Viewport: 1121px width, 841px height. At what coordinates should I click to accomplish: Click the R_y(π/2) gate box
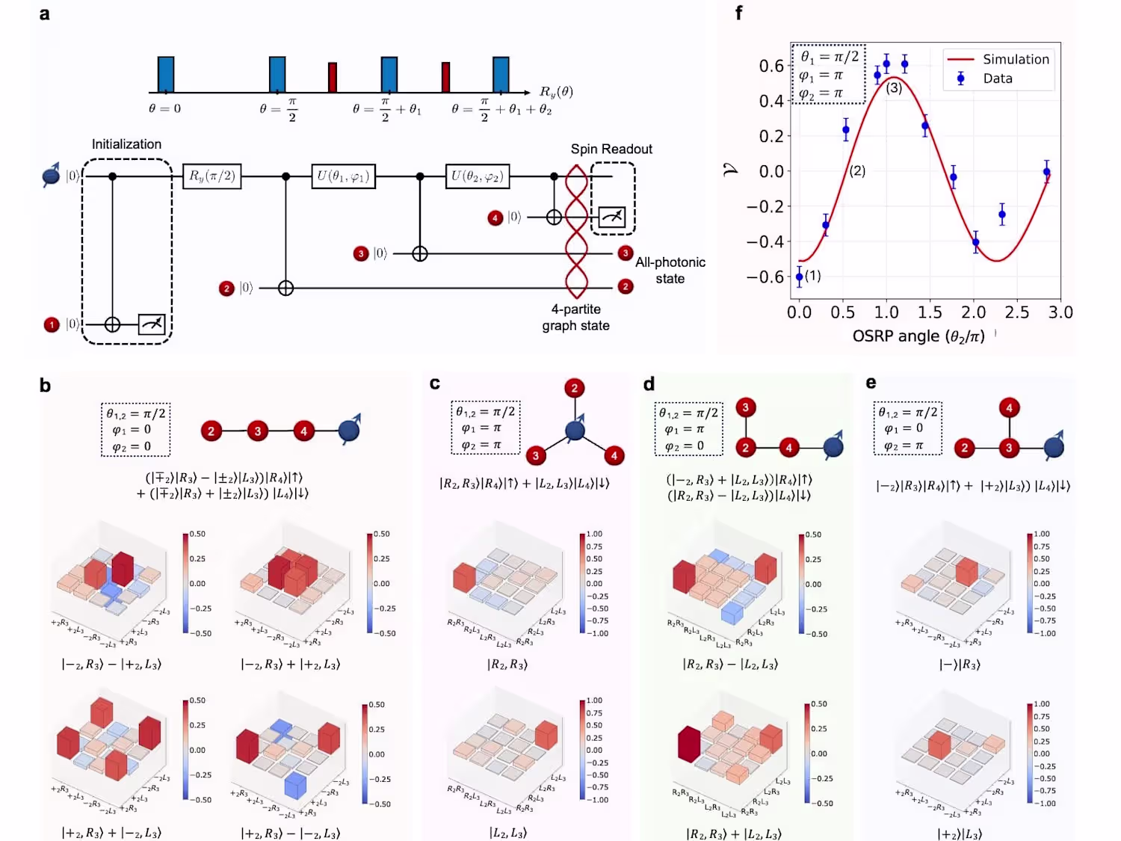click(211, 176)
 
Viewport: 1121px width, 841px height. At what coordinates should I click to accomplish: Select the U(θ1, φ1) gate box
click(342, 176)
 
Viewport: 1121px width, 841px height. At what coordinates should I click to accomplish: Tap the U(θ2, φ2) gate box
click(477, 176)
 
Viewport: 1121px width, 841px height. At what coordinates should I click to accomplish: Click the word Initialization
click(126, 144)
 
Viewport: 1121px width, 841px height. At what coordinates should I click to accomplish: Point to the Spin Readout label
click(611, 150)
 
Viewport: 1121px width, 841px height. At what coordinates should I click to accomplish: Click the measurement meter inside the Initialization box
click(152, 324)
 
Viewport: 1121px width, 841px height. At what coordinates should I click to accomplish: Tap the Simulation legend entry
click(1016, 60)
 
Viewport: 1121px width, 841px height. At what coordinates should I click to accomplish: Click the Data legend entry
click(997, 78)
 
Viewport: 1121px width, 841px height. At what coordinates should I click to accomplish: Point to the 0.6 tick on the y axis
click(771, 66)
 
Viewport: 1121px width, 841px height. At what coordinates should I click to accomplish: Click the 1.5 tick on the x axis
click(930, 312)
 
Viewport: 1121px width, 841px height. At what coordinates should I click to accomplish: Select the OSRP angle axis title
click(918, 336)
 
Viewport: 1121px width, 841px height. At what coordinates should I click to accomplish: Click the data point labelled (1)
click(800, 277)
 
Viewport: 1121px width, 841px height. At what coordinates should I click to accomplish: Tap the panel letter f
click(739, 13)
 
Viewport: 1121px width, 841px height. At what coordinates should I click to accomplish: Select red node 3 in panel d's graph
click(745, 407)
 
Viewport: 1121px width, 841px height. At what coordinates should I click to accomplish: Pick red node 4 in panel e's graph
click(1009, 407)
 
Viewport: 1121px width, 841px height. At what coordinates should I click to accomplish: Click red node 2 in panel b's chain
click(211, 431)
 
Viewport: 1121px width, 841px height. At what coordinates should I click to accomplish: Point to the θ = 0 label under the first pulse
click(164, 108)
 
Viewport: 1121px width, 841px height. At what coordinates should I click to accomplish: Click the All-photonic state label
click(670, 270)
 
